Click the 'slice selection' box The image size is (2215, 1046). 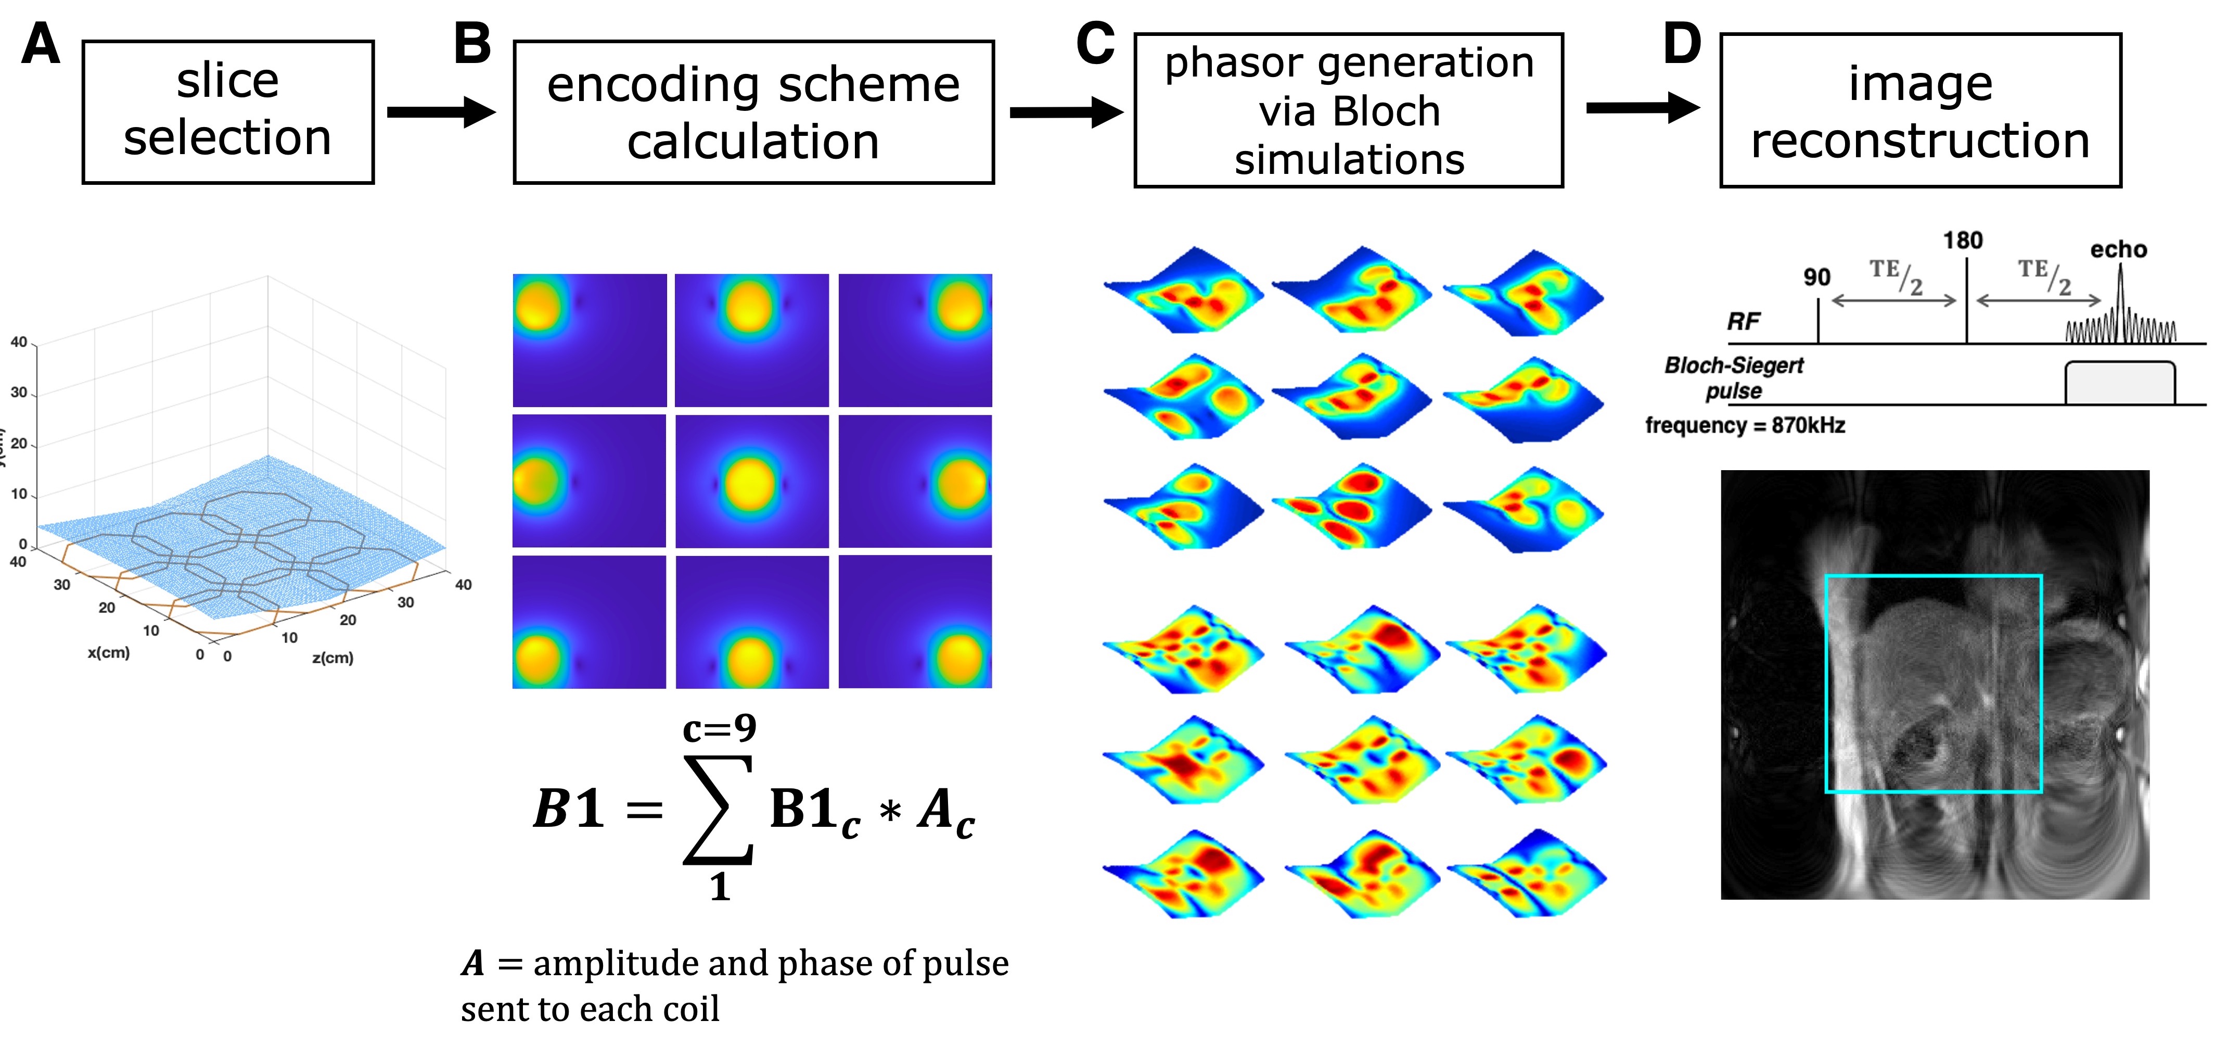pyautogui.click(x=228, y=112)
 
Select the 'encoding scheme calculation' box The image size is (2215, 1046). pyautogui.click(x=753, y=112)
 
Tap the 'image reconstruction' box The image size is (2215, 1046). pyautogui.click(x=1920, y=110)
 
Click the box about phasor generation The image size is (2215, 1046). pyautogui.click(x=1348, y=110)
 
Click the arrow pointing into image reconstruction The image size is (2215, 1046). pyautogui.click(x=1642, y=108)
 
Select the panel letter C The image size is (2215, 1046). pyautogui.click(x=1095, y=45)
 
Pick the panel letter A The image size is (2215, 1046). pyautogui.click(x=41, y=45)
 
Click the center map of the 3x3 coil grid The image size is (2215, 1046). pyautogui.click(x=751, y=481)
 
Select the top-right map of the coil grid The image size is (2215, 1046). pyautogui.click(x=915, y=340)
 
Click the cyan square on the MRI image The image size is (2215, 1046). pyautogui.click(x=1933, y=576)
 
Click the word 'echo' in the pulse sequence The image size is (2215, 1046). pyautogui.click(x=2119, y=249)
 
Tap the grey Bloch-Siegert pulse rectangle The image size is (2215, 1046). pyautogui.click(x=2120, y=384)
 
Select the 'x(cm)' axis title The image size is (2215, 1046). pyautogui.click(x=108, y=653)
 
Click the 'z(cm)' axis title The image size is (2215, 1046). pyautogui.click(x=333, y=658)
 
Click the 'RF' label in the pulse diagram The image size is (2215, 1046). pyautogui.click(x=1743, y=322)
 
